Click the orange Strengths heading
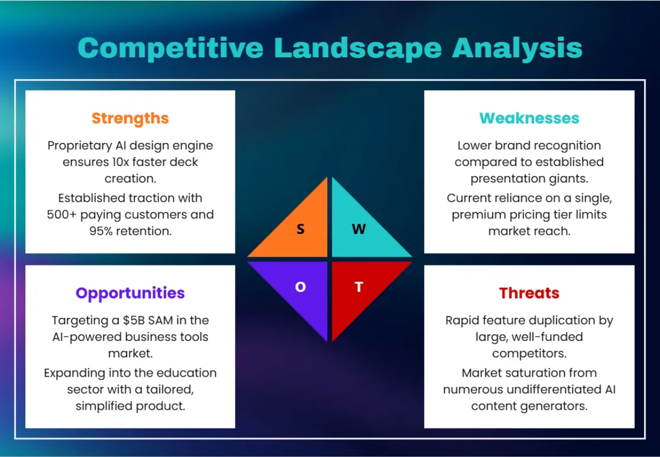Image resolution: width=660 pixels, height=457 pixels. [130, 118]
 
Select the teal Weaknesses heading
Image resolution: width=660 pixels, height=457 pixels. [529, 118]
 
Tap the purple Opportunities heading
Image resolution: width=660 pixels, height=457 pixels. [130, 293]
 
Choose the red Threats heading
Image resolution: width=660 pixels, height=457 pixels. [529, 293]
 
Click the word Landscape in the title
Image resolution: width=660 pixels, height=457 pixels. [358, 48]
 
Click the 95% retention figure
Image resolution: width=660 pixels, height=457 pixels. [103, 232]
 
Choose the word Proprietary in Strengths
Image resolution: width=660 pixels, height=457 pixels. [80, 146]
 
